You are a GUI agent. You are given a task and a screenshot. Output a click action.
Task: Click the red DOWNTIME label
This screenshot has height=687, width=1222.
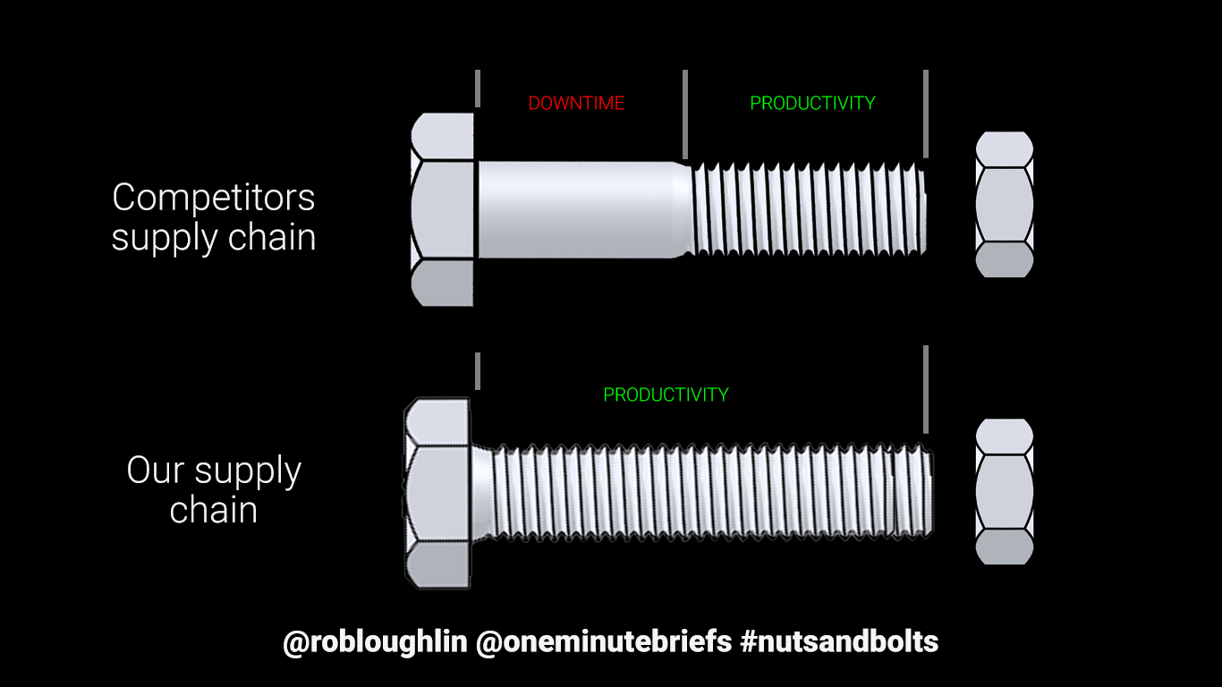click(x=576, y=104)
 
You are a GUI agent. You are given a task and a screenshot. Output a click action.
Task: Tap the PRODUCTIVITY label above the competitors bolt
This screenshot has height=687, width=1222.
click(x=812, y=104)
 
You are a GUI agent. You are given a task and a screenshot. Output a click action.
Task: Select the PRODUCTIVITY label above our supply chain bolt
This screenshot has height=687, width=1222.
click(x=666, y=394)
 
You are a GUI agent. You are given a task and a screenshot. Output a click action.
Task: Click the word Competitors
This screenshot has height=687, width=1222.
click(x=213, y=198)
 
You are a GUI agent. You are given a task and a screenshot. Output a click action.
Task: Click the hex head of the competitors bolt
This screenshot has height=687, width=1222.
click(x=442, y=210)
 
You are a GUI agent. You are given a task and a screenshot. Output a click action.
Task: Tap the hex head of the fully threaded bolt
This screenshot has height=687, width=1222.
click(x=437, y=492)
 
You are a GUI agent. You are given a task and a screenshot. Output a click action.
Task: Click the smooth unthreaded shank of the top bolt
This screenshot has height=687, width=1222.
click(x=577, y=209)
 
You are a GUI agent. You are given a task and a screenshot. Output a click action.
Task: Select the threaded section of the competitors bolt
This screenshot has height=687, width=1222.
click(x=805, y=209)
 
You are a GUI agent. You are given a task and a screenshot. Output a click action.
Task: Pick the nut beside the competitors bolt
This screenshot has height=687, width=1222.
click(x=1004, y=204)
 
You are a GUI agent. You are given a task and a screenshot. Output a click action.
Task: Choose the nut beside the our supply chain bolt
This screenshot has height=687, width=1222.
click(x=1004, y=491)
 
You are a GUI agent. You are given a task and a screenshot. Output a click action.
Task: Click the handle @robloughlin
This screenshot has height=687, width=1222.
click(x=375, y=641)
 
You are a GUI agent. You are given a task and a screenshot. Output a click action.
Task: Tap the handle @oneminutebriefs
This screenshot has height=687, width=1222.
click(x=603, y=641)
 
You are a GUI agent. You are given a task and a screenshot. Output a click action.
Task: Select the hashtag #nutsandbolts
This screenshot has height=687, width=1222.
click(x=839, y=641)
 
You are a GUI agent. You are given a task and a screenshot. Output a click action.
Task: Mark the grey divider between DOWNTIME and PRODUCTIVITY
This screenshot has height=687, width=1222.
click(x=685, y=114)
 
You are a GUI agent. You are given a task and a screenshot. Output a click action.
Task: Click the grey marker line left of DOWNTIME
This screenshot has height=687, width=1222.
click(x=478, y=88)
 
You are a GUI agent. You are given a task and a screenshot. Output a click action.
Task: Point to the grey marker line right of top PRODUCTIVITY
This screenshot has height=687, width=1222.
click(x=925, y=114)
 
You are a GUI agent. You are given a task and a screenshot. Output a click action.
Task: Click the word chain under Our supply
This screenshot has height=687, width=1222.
click(x=213, y=510)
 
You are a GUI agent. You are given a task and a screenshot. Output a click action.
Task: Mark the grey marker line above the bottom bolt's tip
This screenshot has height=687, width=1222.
click(x=925, y=389)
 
